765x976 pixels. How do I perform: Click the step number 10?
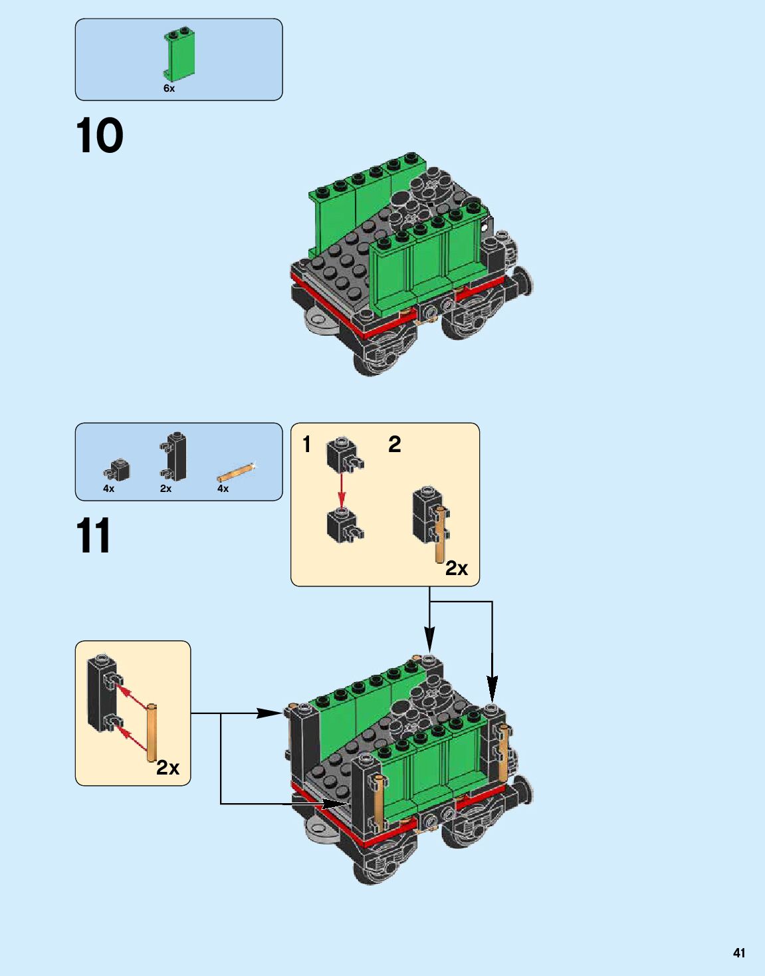[x=100, y=136]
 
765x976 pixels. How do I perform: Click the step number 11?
[x=93, y=536]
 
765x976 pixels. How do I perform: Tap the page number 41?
[x=738, y=953]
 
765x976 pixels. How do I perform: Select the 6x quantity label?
[x=169, y=88]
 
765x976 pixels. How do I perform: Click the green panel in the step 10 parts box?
[x=179, y=55]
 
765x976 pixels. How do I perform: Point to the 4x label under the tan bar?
[x=223, y=489]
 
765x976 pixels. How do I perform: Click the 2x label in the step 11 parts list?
[x=165, y=489]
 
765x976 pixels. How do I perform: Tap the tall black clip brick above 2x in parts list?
[x=175, y=456]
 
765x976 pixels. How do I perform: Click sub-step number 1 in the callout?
[x=306, y=444]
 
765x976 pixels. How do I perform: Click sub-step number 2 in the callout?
[x=394, y=444]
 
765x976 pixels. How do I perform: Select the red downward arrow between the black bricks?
[x=342, y=490]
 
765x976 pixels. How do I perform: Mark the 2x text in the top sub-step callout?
[x=457, y=568]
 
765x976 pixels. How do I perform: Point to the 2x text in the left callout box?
[x=167, y=768]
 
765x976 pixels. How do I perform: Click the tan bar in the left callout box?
[x=152, y=732]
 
